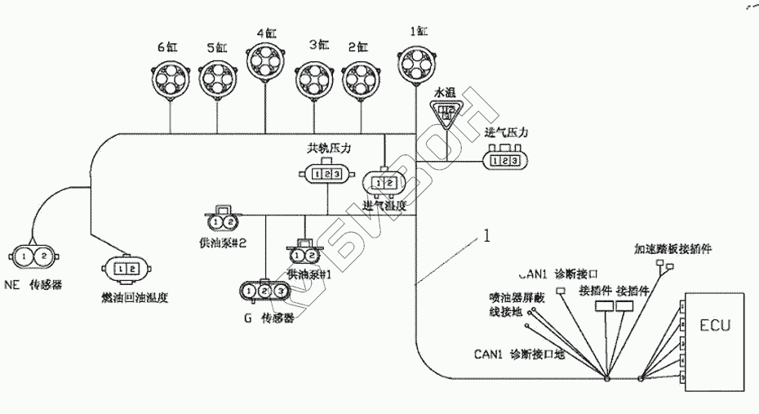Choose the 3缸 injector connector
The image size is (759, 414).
tap(315, 79)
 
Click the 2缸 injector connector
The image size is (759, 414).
tap(362, 79)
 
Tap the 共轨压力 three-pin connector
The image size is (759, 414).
tap(327, 173)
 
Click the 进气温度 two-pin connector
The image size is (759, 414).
tap(383, 181)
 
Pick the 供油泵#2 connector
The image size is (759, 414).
tap(223, 220)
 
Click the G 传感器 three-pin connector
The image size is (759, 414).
tap(264, 290)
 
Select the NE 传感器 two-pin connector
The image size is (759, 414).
tap(35, 256)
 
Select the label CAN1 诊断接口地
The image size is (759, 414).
tap(520, 354)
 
